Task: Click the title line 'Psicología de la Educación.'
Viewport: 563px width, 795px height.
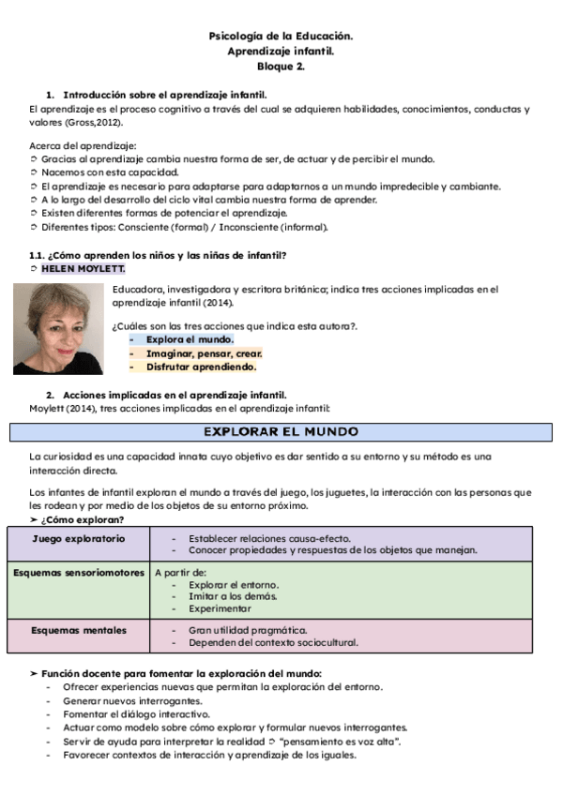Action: (281, 37)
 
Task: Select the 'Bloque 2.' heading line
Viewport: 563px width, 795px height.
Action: (281, 67)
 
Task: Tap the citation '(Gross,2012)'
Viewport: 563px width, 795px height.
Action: (97, 122)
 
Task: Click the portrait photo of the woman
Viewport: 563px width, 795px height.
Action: (58, 329)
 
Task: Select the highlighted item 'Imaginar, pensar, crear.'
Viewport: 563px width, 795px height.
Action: (204, 353)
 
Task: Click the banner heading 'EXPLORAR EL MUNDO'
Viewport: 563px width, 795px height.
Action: (281, 432)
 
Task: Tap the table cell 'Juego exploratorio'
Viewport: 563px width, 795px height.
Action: (78, 539)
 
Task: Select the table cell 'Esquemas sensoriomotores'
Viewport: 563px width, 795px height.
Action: (79, 572)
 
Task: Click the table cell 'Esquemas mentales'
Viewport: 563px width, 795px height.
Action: (78, 630)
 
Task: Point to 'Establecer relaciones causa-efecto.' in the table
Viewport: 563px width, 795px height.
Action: (269, 539)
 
